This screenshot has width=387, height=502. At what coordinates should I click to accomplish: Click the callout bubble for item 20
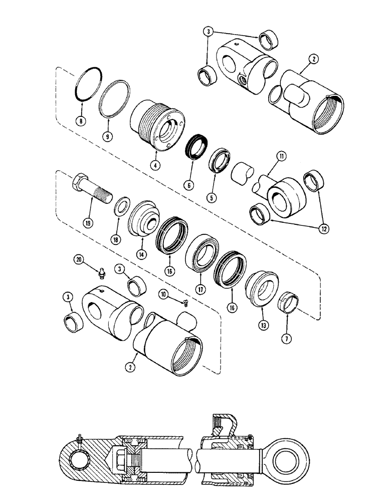[79, 259]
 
